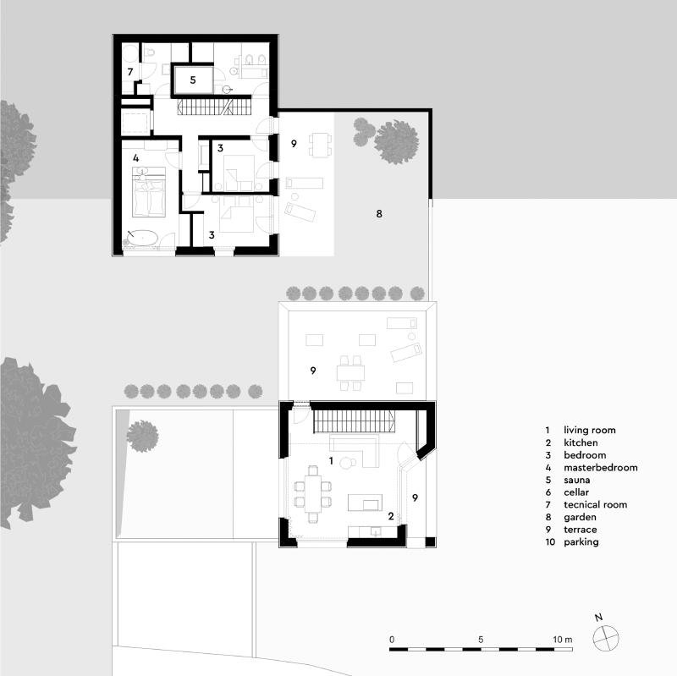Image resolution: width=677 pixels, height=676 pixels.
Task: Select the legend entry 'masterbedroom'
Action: coord(600,467)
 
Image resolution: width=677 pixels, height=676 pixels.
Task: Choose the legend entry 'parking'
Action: coord(581,541)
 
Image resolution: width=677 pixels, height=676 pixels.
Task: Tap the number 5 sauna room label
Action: coord(192,80)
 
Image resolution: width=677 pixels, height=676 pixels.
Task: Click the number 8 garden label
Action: coord(379,214)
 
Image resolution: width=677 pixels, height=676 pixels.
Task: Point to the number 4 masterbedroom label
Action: coord(135,157)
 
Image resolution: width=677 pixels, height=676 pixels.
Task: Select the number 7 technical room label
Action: coord(130,72)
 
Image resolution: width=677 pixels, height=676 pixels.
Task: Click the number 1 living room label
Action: coord(331,460)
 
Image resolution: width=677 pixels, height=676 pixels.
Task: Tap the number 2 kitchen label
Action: coord(390,515)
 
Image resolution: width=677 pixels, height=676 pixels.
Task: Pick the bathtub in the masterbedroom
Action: coord(145,239)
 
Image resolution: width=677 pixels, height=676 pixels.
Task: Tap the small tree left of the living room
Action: coord(142,436)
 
